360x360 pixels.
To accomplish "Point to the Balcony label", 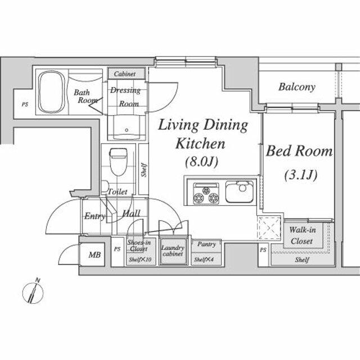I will pos(296,87).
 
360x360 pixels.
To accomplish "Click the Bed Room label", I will pos(299,151).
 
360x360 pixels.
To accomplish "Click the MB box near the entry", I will pos(95,255).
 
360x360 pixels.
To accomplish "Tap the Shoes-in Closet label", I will pos(138,245).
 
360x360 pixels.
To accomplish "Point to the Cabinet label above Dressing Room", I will pos(127,74).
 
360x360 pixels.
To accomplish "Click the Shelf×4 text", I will pos(203,260).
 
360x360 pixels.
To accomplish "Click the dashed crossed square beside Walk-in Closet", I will pos(269,229).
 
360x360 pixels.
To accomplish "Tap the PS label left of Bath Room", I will pos(24,104).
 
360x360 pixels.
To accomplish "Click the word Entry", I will pos(94,216).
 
